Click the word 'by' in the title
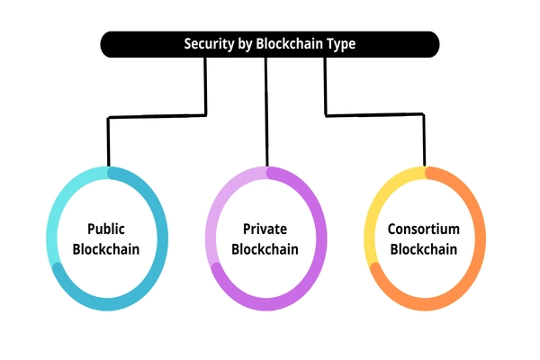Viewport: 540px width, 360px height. (245, 43)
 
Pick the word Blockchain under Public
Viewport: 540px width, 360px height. (106, 248)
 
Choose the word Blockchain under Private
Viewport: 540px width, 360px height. (265, 248)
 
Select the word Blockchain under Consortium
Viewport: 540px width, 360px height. (424, 248)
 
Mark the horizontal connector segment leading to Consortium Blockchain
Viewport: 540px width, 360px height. (373, 114)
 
